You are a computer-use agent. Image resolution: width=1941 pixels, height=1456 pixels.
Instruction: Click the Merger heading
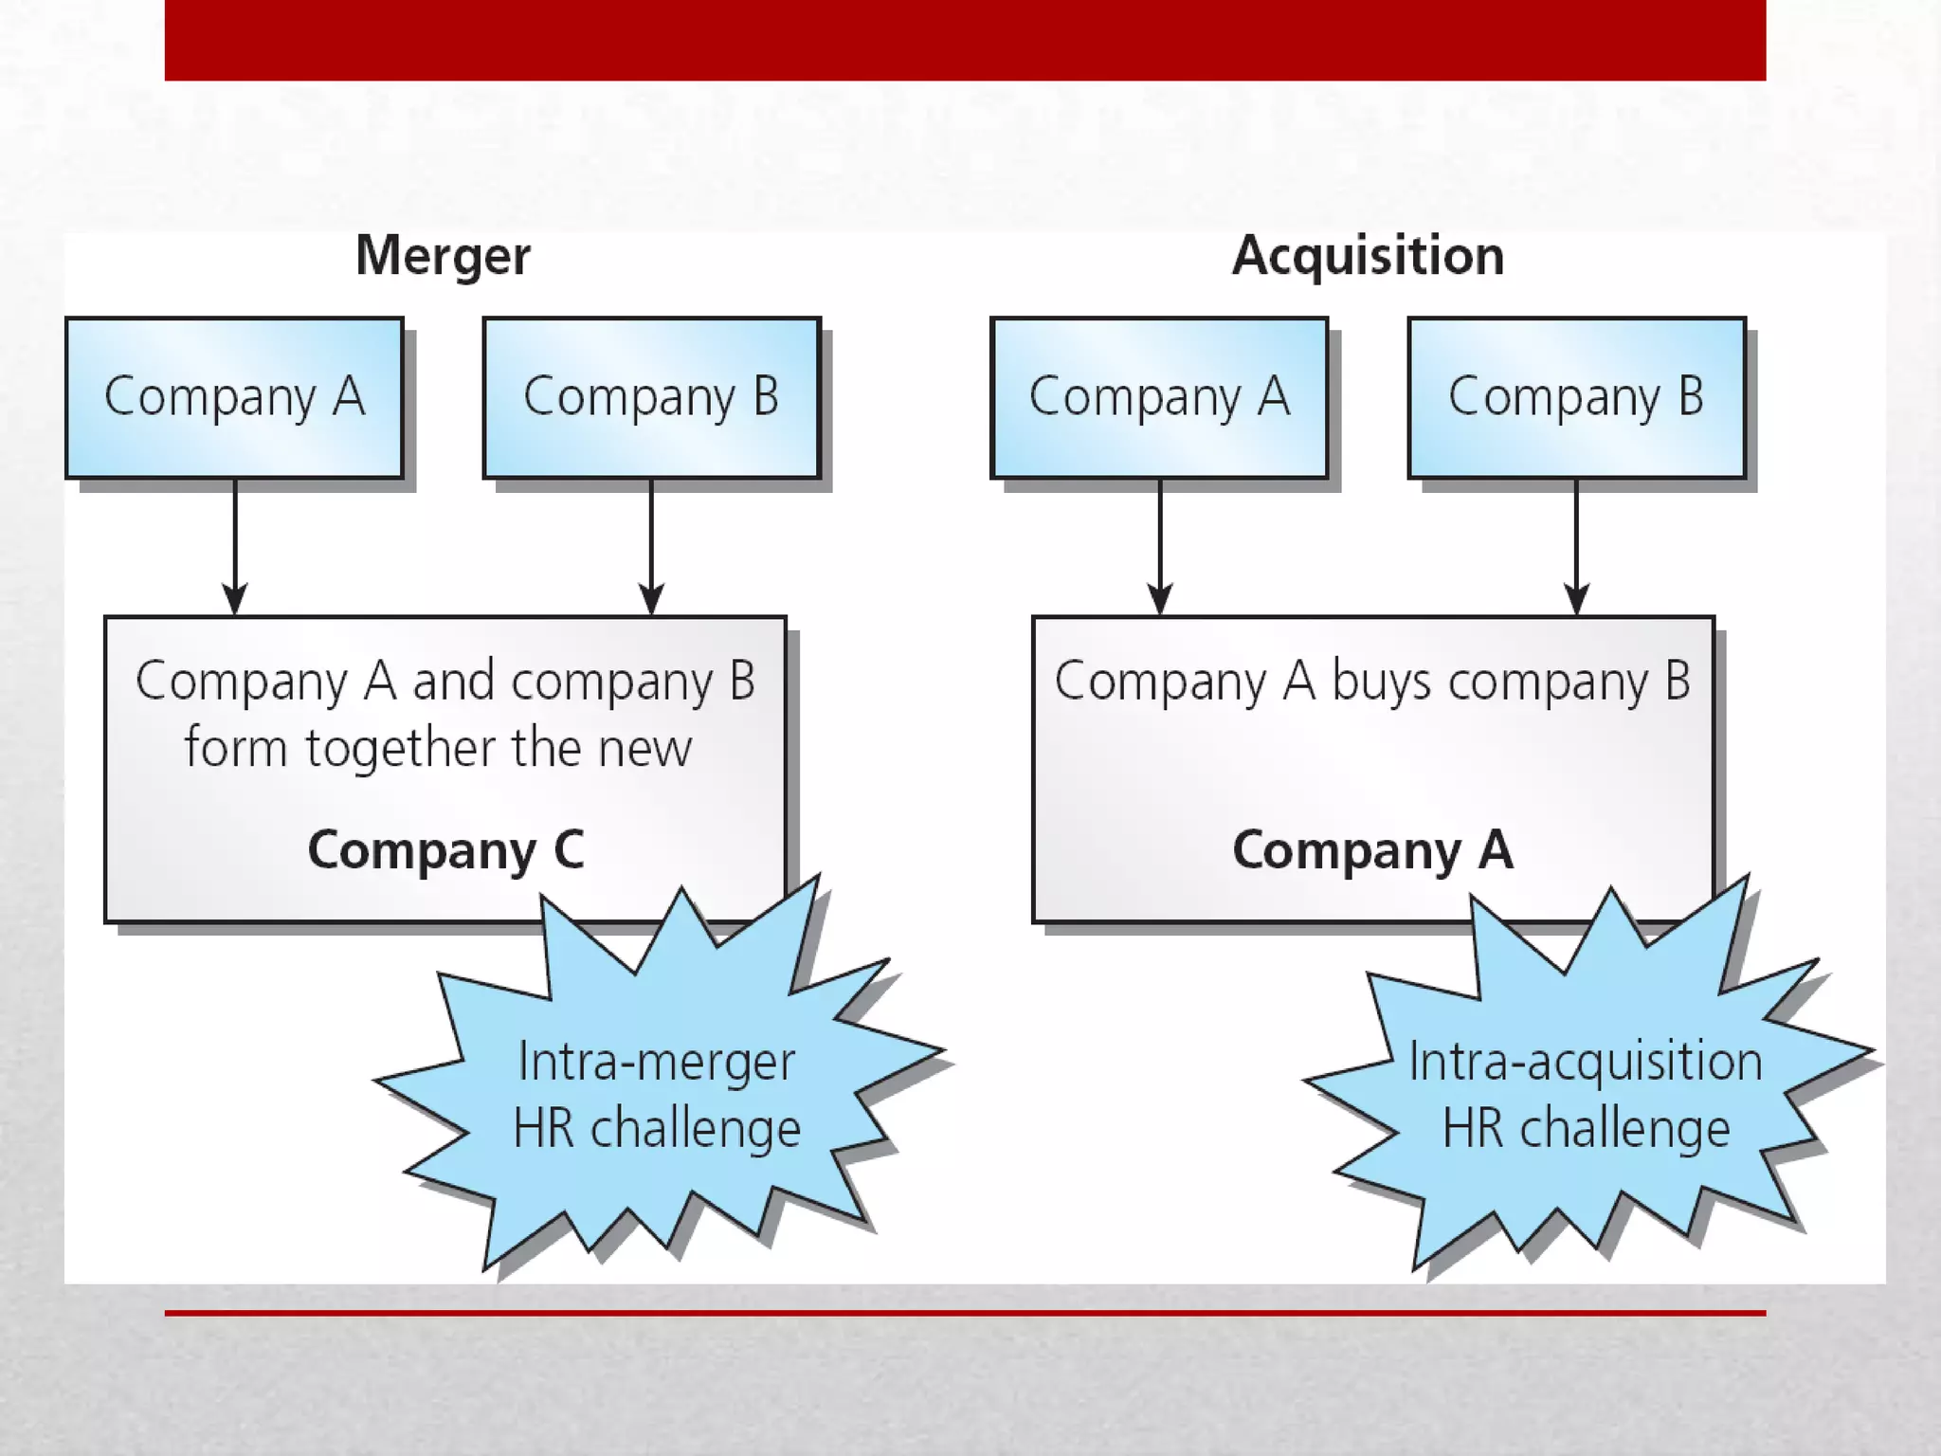[x=443, y=256]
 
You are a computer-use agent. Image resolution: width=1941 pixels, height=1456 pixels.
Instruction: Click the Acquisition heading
[x=1368, y=256]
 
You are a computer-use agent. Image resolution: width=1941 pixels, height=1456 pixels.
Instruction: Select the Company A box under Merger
[x=234, y=398]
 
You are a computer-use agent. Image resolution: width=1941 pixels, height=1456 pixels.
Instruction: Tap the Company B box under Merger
[x=651, y=398]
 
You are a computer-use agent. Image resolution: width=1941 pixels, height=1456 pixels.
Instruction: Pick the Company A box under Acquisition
[x=1159, y=398]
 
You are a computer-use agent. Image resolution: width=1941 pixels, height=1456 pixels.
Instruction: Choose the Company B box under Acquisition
[x=1576, y=398]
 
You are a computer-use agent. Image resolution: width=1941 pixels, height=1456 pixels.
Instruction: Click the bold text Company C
[x=445, y=849]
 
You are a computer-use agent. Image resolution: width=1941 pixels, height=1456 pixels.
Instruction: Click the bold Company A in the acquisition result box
[x=1372, y=849]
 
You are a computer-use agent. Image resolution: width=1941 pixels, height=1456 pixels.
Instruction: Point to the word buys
[x=1381, y=682]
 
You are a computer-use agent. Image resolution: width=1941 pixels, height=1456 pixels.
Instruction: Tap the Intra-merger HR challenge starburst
[x=656, y=1090]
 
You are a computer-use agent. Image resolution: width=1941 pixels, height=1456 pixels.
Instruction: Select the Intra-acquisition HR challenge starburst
[x=1585, y=1090]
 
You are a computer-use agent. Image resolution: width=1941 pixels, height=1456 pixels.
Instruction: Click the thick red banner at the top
[x=965, y=40]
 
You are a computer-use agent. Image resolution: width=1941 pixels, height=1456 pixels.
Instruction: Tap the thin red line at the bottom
[x=965, y=1313]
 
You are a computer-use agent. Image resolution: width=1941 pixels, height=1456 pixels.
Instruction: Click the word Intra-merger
[x=656, y=1062]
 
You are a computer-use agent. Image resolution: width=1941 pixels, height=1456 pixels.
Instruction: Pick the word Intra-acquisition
[x=1585, y=1062]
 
